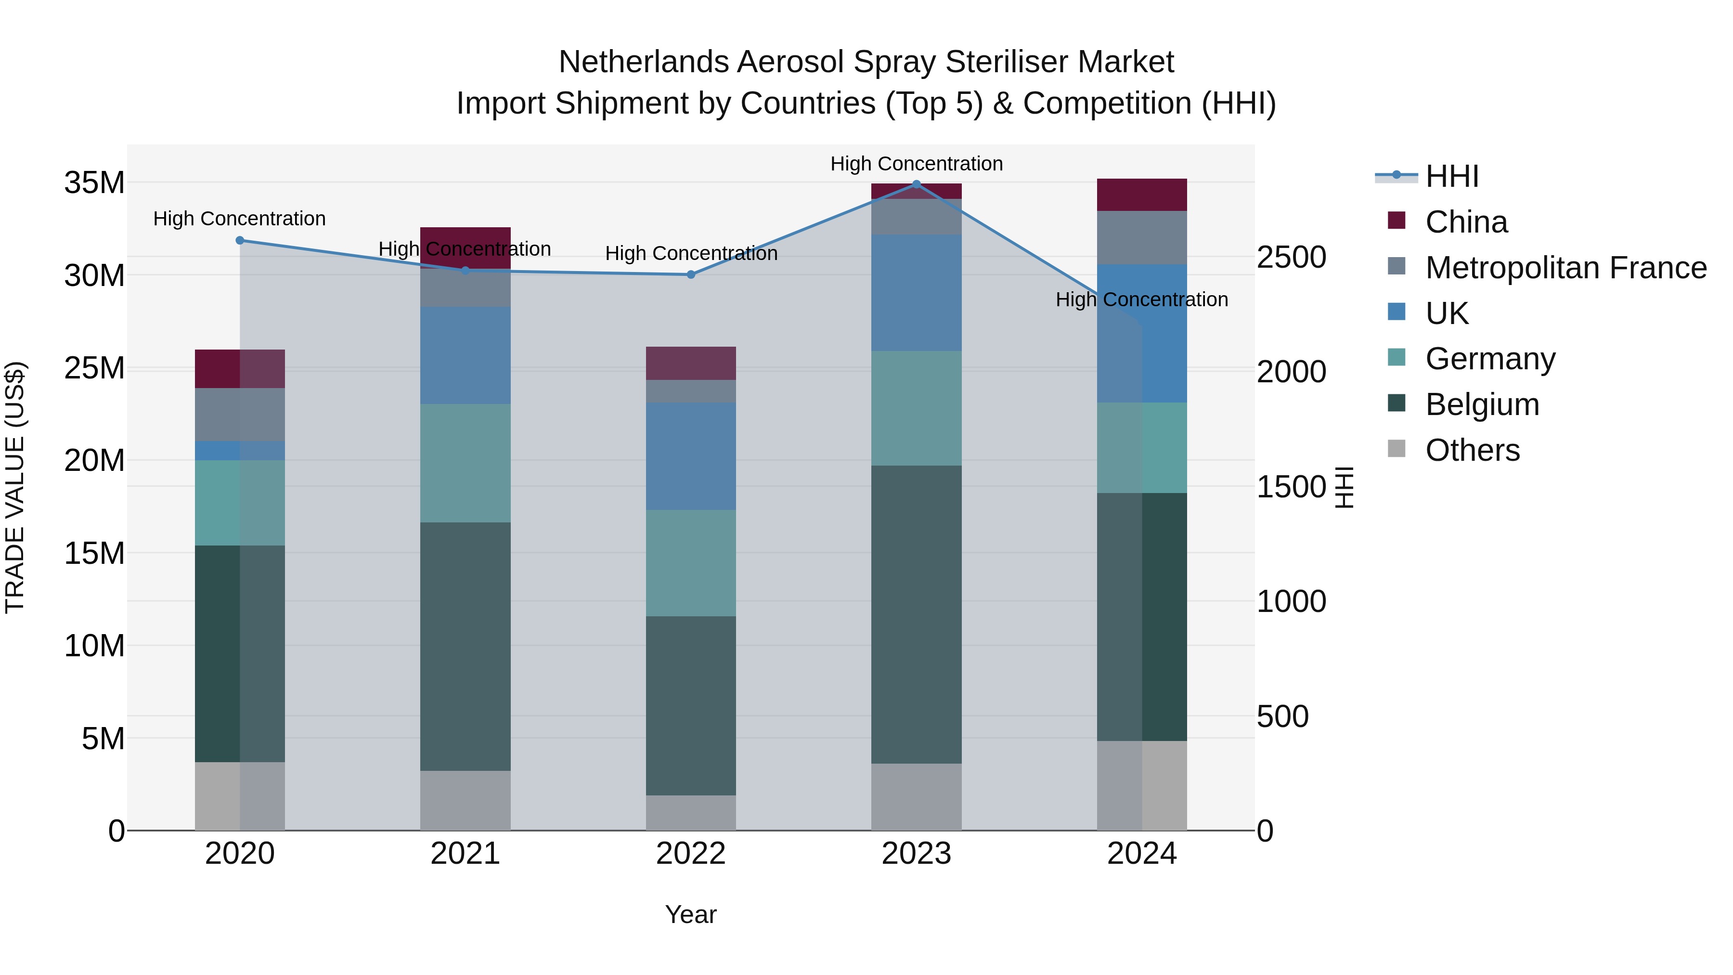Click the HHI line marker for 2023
point(916,184)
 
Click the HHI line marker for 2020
point(240,240)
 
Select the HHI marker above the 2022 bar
point(690,274)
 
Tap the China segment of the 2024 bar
point(1142,195)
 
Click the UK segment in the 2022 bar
point(690,456)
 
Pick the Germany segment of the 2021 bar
point(465,463)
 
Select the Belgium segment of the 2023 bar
point(916,614)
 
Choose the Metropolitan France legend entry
point(1565,268)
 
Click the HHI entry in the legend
point(1452,176)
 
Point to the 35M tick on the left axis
point(94,183)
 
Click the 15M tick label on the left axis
point(94,553)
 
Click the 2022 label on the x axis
point(690,854)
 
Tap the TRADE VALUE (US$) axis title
point(15,487)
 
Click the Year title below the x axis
point(690,914)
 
